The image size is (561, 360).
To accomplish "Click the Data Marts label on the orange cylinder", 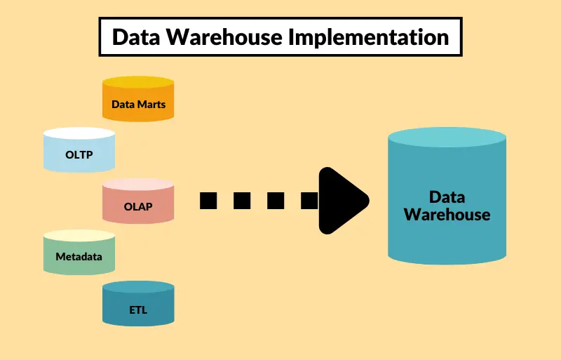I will (138, 105).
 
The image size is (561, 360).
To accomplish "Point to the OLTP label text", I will (79, 156).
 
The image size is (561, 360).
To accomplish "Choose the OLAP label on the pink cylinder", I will (138, 207).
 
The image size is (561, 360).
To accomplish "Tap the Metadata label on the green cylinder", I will (79, 257).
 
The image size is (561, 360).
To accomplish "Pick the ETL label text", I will (138, 309).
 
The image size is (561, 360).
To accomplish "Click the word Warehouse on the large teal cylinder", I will (447, 214).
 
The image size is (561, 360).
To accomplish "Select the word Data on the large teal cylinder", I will (447, 196).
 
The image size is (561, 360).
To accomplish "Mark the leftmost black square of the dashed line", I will (208, 201).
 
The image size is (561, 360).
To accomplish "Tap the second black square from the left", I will (242, 201).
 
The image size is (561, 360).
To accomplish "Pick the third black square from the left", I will (276, 201).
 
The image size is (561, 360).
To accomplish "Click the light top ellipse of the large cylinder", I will (447, 138).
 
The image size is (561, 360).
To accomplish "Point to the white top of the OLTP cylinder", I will (79, 133).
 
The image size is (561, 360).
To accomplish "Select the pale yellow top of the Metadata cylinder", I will (79, 236).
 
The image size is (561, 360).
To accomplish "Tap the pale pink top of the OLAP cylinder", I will (138, 185).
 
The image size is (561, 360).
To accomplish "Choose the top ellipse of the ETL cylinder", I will (138, 286).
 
